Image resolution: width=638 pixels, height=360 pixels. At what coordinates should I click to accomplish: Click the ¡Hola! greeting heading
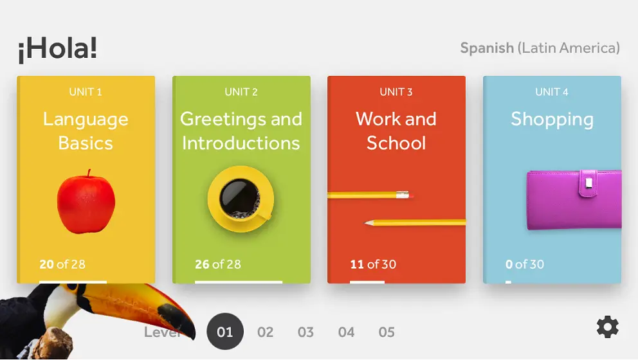pyautogui.click(x=57, y=50)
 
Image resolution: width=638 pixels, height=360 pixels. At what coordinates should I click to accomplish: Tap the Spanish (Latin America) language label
pyautogui.click(x=540, y=48)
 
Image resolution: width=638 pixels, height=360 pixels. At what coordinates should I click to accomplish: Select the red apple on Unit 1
pyautogui.click(x=86, y=202)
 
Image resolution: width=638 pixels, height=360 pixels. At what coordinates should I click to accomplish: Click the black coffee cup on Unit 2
pyautogui.click(x=240, y=199)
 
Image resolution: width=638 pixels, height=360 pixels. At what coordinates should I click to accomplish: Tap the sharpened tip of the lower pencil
pyautogui.click(x=366, y=223)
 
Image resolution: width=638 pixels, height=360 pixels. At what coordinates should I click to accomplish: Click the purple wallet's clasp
pyautogui.click(x=588, y=183)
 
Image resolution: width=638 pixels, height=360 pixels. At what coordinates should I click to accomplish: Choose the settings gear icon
pyautogui.click(x=608, y=327)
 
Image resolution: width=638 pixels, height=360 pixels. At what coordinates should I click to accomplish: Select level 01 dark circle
pyautogui.click(x=225, y=332)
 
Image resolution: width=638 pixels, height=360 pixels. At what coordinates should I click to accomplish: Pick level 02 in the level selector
pyautogui.click(x=265, y=332)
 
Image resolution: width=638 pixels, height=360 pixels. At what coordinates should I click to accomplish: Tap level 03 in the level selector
pyautogui.click(x=305, y=332)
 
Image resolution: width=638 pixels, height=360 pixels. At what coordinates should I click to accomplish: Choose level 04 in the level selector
pyautogui.click(x=346, y=332)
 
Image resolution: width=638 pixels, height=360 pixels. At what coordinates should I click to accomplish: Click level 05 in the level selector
pyautogui.click(x=387, y=332)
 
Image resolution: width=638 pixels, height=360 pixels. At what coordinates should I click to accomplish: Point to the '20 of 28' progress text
pyautogui.click(x=62, y=264)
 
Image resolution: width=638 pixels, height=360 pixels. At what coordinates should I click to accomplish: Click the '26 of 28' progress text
pyautogui.click(x=217, y=264)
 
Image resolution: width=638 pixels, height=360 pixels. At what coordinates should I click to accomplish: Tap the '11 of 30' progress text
pyautogui.click(x=373, y=264)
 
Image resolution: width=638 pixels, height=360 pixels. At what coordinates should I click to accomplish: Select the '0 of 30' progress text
pyautogui.click(x=524, y=264)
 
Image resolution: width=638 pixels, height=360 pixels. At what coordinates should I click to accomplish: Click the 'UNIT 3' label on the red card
pyautogui.click(x=396, y=92)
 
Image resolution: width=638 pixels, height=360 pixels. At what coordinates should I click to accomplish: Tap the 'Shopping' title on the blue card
pyautogui.click(x=552, y=120)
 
